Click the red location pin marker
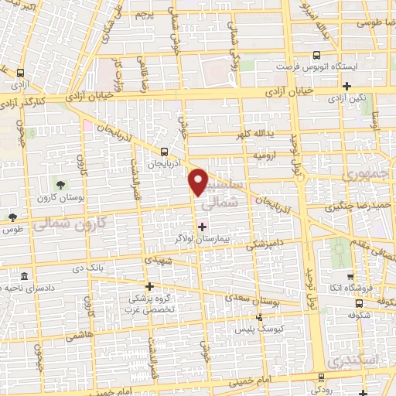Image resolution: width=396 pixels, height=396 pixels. pyautogui.click(x=200, y=183)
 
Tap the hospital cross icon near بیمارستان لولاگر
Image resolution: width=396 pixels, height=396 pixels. pyautogui.click(x=203, y=227)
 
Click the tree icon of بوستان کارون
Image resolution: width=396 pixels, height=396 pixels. pyautogui.click(x=60, y=183)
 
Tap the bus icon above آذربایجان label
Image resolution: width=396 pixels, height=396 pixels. pyautogui.click(x=163, y=152)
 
